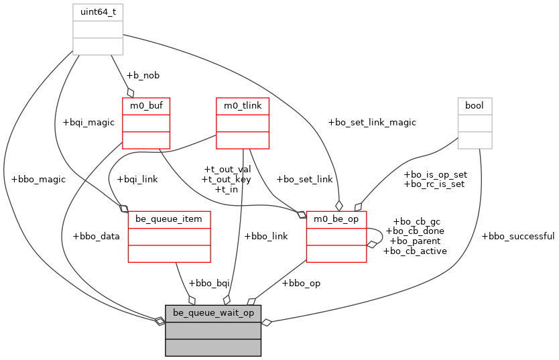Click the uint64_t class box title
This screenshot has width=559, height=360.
tap(98, 12)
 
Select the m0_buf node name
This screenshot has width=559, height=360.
tap(145, 105)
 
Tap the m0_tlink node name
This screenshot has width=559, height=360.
tap(243, 105)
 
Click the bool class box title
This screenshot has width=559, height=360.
tap(475, 105)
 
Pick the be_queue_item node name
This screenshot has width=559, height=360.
tap(169, 219)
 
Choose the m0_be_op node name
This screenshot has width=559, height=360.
tap(336, 219)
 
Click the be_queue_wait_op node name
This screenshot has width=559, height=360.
tap(213, 313)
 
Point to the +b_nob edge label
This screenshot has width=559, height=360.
tap(143, 75)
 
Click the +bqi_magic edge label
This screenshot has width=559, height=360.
tap(88, 122)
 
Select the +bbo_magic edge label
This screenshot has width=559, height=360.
tap(39, 180)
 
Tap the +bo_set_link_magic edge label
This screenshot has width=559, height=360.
tap(372, 122)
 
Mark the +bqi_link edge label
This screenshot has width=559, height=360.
tap(137, 180)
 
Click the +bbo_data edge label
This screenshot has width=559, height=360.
tap(96, 236)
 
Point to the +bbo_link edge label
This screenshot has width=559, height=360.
tap(266, 236)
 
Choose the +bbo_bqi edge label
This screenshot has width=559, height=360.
tap(209, 283)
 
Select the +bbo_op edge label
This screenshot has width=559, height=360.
tap(301, 283)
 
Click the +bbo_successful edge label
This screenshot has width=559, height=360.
tap(518, 236)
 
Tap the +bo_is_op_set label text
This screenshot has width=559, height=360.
tap(435, 174)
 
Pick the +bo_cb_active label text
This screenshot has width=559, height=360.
tap(415, 251)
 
